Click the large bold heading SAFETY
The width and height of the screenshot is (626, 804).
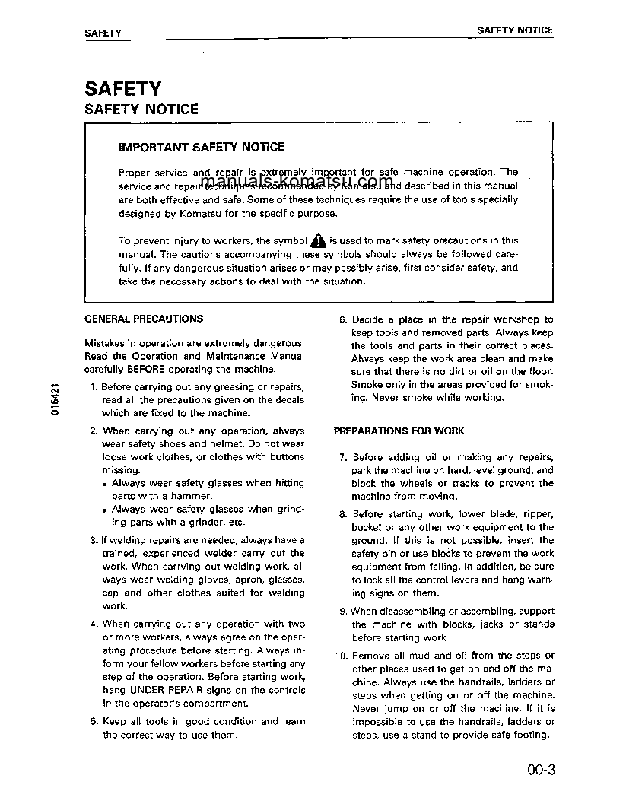click(x=122, y=88)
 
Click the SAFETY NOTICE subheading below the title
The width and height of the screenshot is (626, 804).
click(x=141, y=110)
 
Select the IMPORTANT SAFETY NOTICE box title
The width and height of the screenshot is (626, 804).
click(x=202, y=147)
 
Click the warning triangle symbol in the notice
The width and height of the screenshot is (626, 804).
click(x=319, y=241)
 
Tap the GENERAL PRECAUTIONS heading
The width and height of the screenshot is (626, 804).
click(x=144, y=319)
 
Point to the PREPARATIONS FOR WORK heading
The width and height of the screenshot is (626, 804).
click(x=399, y=431)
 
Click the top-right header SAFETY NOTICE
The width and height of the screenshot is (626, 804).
click(x=514, y=30)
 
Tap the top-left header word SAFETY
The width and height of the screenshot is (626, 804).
click(x=103, y=33)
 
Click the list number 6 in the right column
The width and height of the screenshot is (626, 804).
click(x=342, y=320)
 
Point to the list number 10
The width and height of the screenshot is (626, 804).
click(x=339, y=656)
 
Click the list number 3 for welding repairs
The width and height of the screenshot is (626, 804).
click(x=93, y=540)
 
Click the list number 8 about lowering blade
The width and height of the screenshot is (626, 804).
click(x=342, y=514)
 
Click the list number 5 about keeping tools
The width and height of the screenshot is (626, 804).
click(x=93, y=722)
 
